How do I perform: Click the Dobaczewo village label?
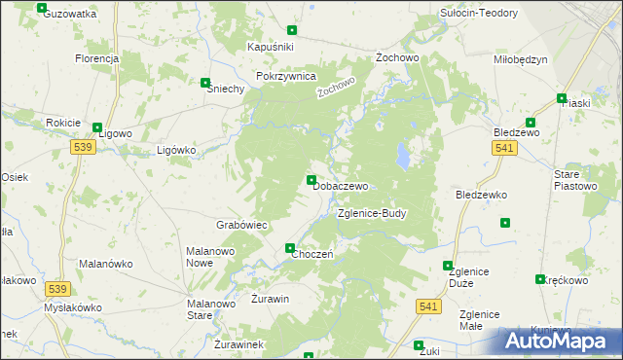pos(341,186)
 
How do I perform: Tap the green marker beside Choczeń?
pos(290,248)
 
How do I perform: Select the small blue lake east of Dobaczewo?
pos(402,155)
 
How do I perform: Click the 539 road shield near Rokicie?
pos(83,146)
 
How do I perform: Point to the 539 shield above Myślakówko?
pos(57,289)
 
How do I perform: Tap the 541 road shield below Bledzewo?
pos(502,146)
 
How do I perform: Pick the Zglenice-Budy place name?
pos(371,213)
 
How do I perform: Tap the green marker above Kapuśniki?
pos(291,30)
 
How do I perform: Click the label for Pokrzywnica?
pos(285,76)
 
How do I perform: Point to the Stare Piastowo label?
pos(574,180)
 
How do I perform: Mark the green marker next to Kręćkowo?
pos(540,279)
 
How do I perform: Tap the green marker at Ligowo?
pos(96,127)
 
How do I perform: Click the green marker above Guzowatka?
pos(41,8)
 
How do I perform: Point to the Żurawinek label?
pos(239,344)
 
